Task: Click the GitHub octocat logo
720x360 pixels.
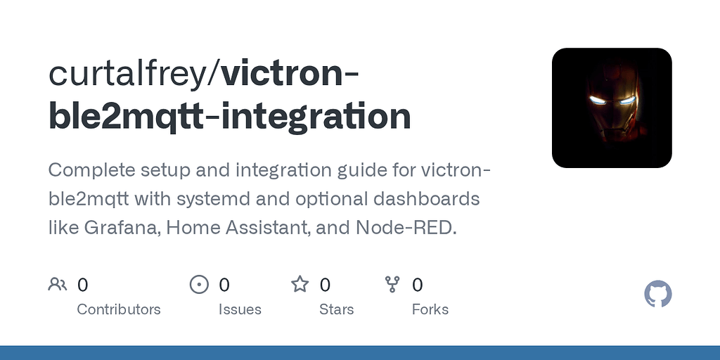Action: tap(658, 294)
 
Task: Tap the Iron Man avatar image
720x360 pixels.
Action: tap(612, 108)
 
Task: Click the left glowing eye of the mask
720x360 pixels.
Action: tap(597, 100)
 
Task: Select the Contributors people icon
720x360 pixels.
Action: tap(57, 285)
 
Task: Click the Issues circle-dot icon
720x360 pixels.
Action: tap(200, 285)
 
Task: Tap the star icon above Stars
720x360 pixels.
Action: tap(300, 285)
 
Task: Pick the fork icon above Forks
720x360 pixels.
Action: tap(392, 285)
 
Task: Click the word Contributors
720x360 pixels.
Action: tap(118, 309)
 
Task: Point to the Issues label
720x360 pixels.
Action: tap(240, 309)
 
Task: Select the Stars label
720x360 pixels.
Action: tap(336, 309)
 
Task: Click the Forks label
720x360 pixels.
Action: tap(430, 309)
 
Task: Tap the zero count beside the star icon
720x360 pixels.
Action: tap(325, 285)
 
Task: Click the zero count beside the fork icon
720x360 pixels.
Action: tap(417, 285)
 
